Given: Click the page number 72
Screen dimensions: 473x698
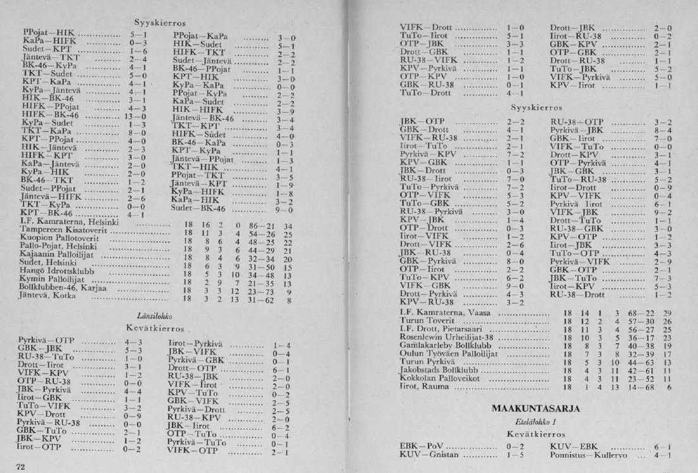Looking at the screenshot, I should click(20, 467).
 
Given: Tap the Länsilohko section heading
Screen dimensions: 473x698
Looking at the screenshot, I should click(155, 316).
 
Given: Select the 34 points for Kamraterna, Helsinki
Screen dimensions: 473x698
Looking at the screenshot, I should click(288, 225).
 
